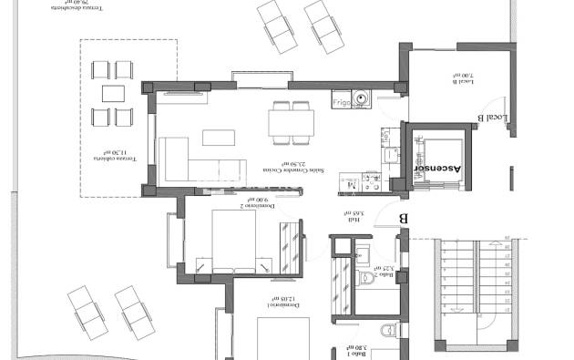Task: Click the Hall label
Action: point(355,219)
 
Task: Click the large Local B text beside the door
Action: point(492,119)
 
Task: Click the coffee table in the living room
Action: point(217,137)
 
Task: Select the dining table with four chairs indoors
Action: point(291,121)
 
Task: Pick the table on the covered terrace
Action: point(113,93)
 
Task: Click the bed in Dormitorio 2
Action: point(234,240)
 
